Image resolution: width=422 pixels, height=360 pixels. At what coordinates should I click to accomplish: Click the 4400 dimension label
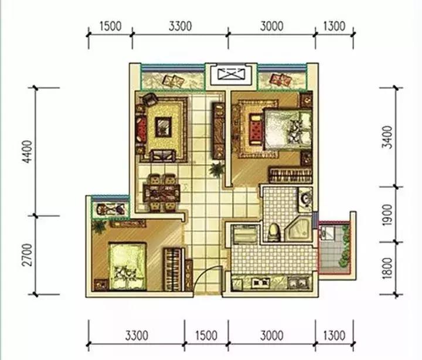point(28,152)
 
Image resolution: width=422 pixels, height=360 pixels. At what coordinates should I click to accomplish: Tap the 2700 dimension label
point(27,255)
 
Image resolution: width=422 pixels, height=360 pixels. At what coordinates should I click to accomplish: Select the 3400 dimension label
point(388,137)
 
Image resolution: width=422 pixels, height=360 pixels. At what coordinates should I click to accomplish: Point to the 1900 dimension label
point(388,215)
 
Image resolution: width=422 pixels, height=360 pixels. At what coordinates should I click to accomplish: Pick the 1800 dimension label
point(388,268)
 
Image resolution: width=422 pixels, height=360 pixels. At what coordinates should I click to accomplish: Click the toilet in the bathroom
point(274,232)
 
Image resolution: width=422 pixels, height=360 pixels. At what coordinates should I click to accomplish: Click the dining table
point(162,192)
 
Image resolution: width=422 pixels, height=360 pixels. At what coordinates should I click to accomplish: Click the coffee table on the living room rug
point(163,127)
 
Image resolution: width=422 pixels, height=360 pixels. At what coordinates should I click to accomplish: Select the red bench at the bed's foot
point(256,129)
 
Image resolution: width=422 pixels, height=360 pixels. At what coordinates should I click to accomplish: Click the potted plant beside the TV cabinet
point(217,169)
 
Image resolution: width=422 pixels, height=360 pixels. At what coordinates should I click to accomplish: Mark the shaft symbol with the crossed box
point(232,74)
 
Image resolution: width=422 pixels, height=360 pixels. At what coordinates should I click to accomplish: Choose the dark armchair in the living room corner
point(150,99)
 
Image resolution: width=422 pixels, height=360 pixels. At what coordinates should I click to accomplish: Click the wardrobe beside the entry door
point(173,270)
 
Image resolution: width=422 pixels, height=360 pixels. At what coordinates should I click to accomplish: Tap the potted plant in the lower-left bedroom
point(99,227)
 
